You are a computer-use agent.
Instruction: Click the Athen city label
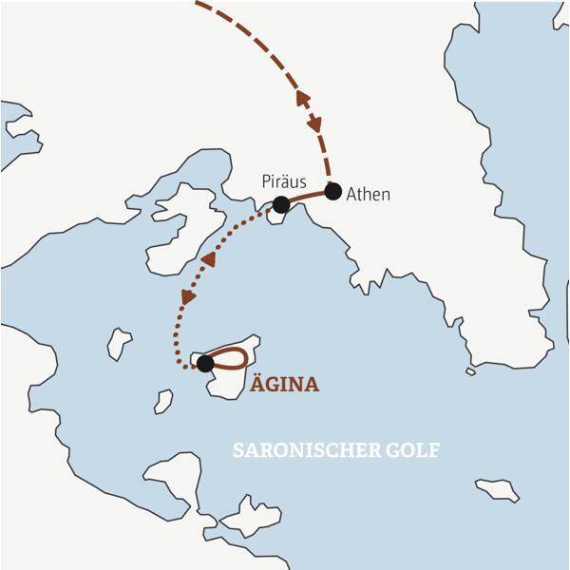369,194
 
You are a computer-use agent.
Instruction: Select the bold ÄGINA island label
284,385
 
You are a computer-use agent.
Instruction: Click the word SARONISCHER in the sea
306,450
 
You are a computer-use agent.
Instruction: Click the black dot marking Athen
332,191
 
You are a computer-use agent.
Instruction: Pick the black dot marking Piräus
281,204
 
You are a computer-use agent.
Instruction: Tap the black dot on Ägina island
204,363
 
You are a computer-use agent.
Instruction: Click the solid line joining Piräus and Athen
307,196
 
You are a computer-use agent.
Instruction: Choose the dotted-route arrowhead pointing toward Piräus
208,258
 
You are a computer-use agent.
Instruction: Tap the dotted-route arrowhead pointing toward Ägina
188,295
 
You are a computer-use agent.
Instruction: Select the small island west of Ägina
119,343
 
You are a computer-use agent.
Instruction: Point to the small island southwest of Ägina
163,401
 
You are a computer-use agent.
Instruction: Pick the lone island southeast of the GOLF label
498,489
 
